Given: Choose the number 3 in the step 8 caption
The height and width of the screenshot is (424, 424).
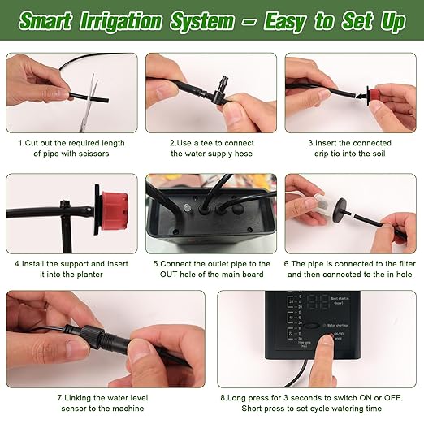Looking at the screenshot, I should click(293, 398).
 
